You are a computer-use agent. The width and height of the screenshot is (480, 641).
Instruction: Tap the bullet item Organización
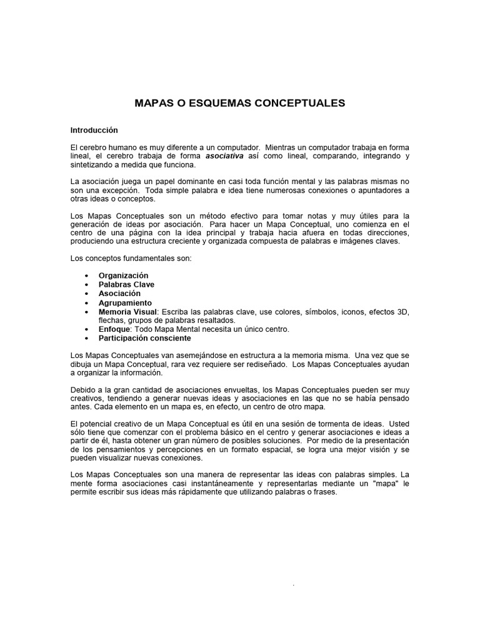(x=124, y=275)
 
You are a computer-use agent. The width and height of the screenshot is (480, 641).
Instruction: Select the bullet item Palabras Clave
(x=126, y=284)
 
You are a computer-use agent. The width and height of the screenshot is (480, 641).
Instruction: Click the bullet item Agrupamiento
(x=125, y=302)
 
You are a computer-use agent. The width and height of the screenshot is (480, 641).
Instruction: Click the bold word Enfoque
(x=114, y=329)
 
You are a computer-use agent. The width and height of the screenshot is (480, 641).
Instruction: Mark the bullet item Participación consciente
(x=145, y=338)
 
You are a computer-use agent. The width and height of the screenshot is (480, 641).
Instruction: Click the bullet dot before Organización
(x=85, y=276)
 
